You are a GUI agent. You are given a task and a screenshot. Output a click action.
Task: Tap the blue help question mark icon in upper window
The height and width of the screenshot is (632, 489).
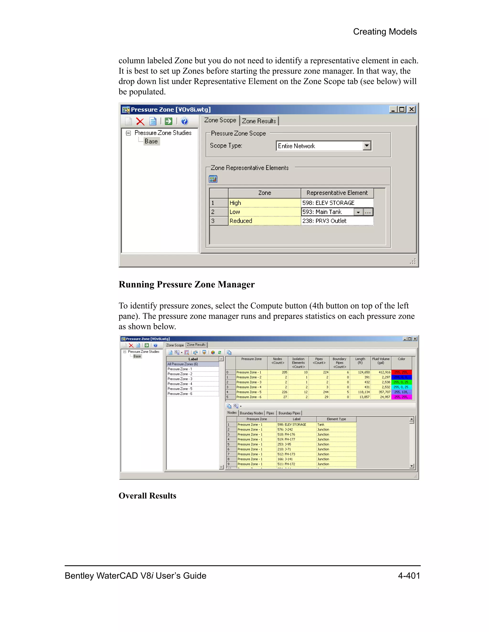(x=184, y=121)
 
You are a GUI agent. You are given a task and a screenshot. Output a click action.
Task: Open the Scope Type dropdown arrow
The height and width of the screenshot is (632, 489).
(x=367, y=145)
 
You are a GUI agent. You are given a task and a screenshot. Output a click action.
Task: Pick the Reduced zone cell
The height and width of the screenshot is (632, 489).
(x=264, y=221)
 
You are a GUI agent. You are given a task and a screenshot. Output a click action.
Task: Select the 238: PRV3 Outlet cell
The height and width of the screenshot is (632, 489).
(x=337, y=221)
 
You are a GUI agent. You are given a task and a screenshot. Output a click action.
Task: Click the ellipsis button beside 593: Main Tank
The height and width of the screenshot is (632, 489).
(x=368, y=212)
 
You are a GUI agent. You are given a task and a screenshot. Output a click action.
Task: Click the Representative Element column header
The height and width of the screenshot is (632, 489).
(x=337, y=193)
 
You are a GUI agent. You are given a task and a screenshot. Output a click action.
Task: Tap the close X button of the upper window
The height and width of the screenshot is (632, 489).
(x=411, y=109)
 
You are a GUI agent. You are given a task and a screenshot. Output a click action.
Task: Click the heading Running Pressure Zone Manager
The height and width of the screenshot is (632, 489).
(x=186, y=285)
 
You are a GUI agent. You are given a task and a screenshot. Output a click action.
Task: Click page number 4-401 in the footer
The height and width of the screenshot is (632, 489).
(x=409, y=575)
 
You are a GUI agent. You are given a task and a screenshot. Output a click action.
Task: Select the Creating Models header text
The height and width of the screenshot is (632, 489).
(x=385, y=31)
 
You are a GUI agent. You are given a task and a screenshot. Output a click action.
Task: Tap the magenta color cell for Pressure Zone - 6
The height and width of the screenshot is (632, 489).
(x=401, y=397)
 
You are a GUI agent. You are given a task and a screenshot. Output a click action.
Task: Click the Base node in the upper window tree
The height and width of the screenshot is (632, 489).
(x=151, y=141)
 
